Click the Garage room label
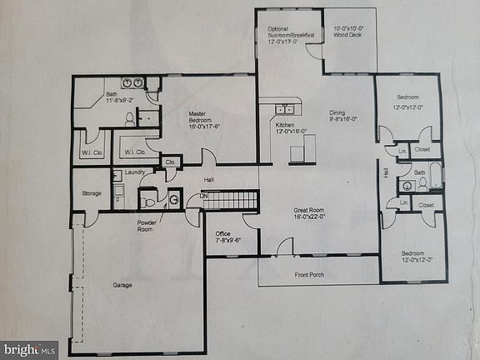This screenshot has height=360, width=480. tap(122, 285)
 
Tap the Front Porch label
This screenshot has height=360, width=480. tap(310, 274)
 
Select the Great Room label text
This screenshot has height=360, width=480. tap(309, 210)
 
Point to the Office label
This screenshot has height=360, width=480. tap(222, 233)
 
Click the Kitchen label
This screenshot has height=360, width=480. tap(285, 125)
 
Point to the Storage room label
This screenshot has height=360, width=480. tap(92, 193)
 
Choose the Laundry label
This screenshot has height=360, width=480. tap(135, 172)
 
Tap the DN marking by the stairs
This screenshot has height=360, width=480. tap(203, 197)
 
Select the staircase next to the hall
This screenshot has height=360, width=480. tap(230, 200)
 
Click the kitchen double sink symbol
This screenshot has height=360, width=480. tap(285, 108)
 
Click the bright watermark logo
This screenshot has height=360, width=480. tap(29, 349)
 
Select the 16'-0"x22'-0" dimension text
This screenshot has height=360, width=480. tap(310, 217)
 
